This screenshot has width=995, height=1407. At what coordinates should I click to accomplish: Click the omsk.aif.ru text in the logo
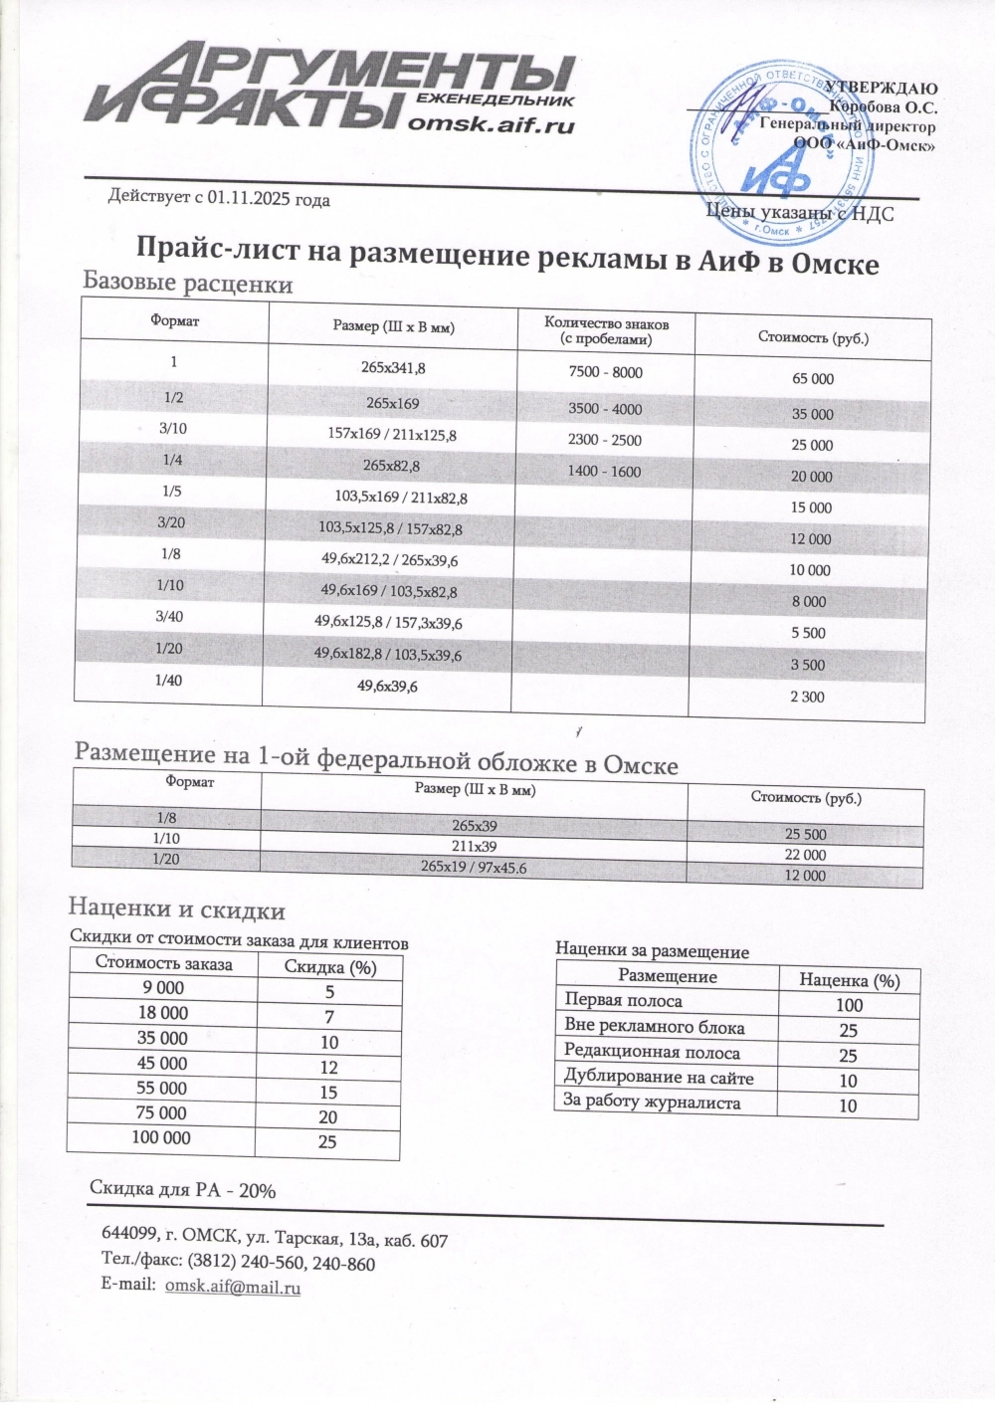point(493,125)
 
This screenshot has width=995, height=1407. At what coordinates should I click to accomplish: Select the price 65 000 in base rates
point(813,379)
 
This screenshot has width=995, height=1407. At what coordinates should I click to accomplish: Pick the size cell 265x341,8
point(393,368)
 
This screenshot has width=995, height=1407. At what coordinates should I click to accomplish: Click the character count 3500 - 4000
point(605,409)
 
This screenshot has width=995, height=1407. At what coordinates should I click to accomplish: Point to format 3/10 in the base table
point(172,428)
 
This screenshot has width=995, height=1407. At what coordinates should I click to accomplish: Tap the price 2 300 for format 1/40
point(807,697)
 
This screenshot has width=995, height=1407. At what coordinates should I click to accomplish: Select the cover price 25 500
point(805,834)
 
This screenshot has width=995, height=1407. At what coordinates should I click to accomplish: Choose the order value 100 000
point(161,1137)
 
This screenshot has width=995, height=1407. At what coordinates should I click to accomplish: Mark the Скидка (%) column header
point(330,967)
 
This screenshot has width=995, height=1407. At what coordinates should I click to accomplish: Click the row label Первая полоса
point(624,1001)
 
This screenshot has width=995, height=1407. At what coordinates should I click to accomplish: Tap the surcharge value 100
point(849,1005)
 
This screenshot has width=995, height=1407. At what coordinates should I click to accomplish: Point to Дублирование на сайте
point(659,1077)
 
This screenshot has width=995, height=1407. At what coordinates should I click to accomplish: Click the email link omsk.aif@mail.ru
point(233,1287)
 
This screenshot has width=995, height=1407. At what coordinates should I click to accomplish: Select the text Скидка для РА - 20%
point(182,1189)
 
